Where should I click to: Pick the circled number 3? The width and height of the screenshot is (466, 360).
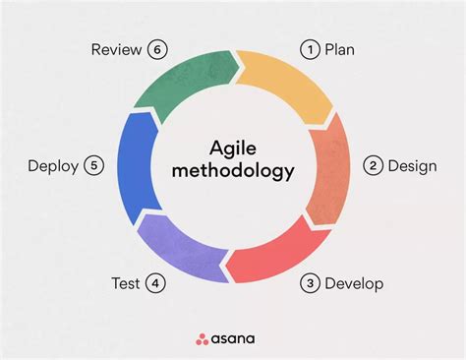pos(310,284)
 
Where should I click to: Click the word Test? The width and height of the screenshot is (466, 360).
pos(126,284)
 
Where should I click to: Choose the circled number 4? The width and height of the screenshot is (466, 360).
pos(156,284)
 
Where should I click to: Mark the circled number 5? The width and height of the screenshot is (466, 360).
pos(94,165)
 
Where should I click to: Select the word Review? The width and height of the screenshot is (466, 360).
pos(116,48)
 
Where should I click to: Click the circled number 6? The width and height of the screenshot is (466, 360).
pos(156,48)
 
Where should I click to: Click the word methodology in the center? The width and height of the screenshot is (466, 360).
pos(232,173)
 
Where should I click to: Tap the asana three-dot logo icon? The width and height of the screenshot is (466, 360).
pos(202,339)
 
